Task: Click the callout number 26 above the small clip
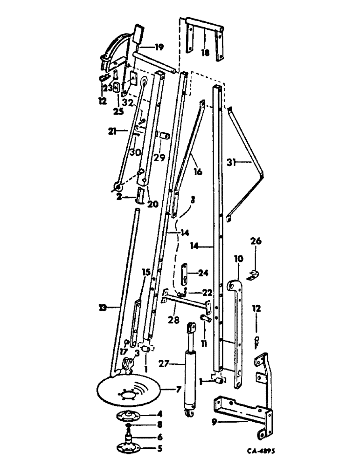click(256, 241)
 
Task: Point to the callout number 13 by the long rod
click(104, 307)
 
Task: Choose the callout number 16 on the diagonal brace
click(198, 172)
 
